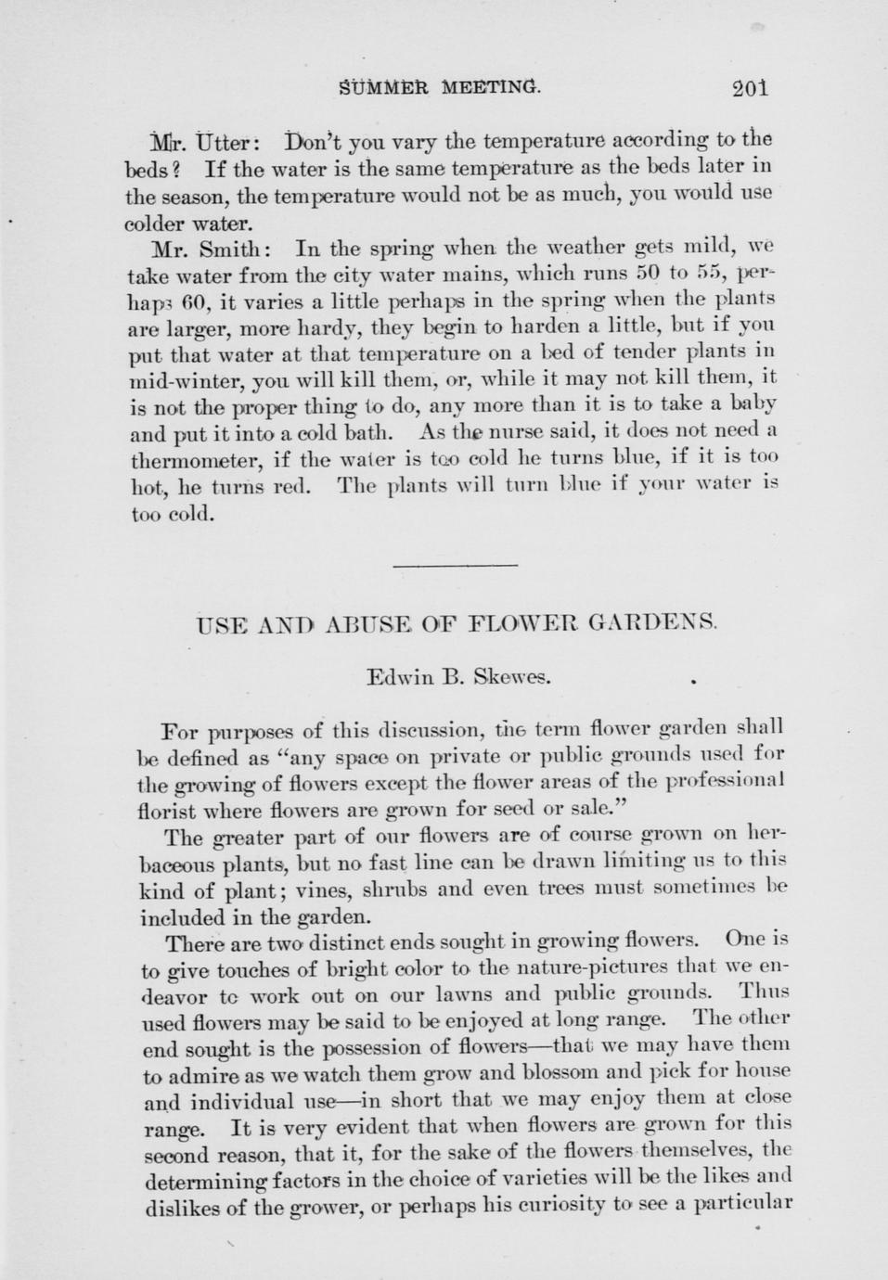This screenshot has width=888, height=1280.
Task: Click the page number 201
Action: [749, 89]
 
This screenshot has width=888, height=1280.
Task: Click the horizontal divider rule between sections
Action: [456, 565]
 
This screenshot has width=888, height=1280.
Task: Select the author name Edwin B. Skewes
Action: [459, 676]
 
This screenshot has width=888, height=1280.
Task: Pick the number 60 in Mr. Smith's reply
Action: [194, 302]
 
